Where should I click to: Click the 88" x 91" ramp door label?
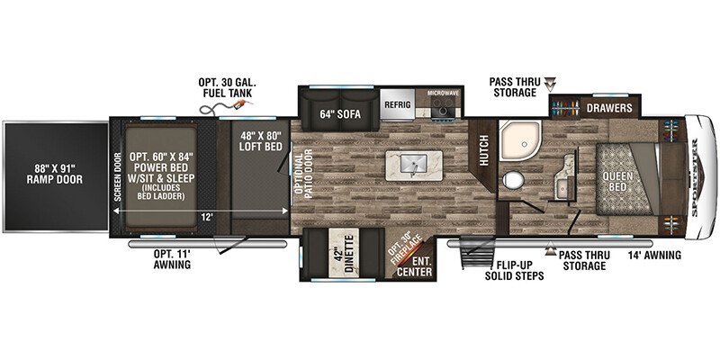(x=55, y=173)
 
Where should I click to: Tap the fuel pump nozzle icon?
(x=240, y=105)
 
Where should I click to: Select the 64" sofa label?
(x=340, y=114)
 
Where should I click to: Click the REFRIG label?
(x=397, y=104)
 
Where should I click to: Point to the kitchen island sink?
(x=414, y=163)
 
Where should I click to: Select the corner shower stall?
(x=520, y=139)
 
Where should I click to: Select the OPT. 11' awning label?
(x=172, y=259)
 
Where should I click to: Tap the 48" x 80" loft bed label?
(x=260, y=140)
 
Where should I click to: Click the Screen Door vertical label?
(x=118, y=176)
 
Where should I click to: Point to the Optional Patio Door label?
(x=303, y=174)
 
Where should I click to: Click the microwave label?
(x=443, y=94)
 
